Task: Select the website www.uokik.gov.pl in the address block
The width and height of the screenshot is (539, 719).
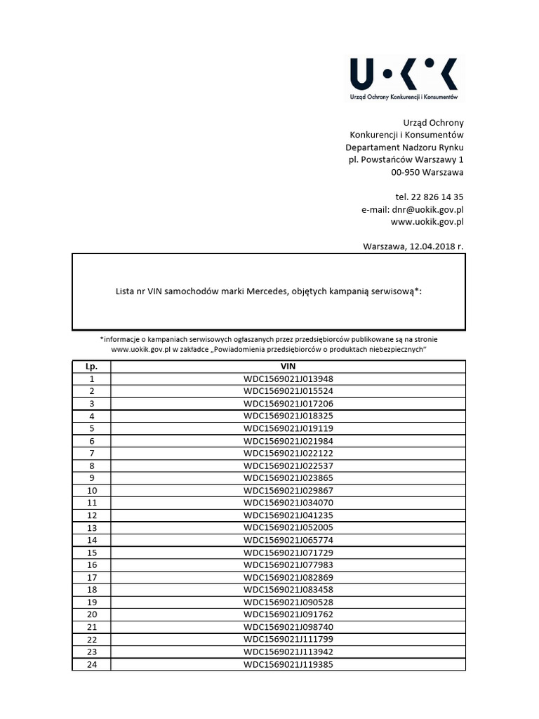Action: (427, 222)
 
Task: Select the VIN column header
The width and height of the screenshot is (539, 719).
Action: (288, 367)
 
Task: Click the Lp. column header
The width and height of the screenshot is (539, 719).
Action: (91, 367)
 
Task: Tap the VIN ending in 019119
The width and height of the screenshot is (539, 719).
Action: (288, 428)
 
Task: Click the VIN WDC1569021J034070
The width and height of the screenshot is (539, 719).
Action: (288, 503)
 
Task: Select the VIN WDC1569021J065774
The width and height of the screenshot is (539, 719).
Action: (288, 540)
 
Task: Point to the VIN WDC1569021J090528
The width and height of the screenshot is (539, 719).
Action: (288, 602)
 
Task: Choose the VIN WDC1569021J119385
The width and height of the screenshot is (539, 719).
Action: (288, 664)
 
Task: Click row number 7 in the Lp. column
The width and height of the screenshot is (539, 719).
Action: (91, 454)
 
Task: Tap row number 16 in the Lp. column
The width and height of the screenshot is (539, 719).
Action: (91, 565)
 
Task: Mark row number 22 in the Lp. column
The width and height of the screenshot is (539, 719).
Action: (91, 639)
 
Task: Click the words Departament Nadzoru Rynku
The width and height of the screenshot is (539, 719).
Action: (404, 147)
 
